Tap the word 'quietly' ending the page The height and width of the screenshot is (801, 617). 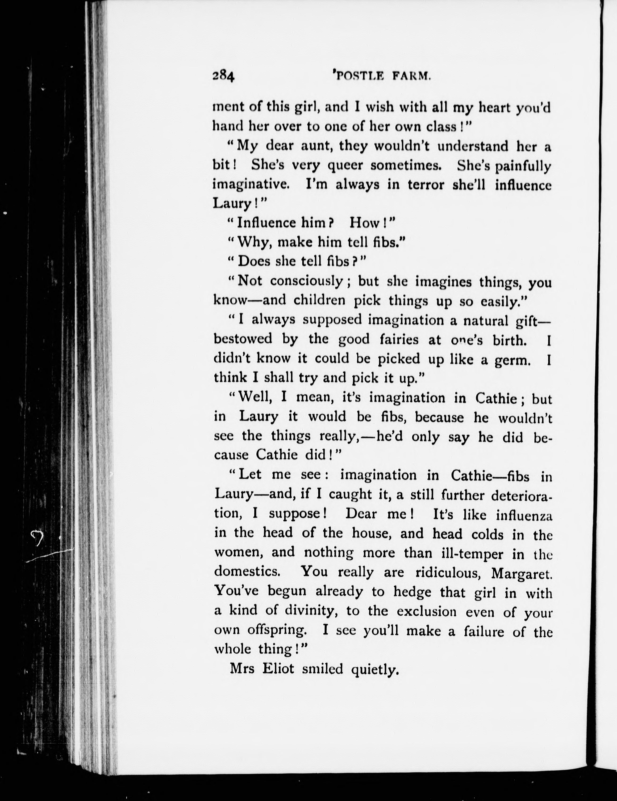pos(375,670)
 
